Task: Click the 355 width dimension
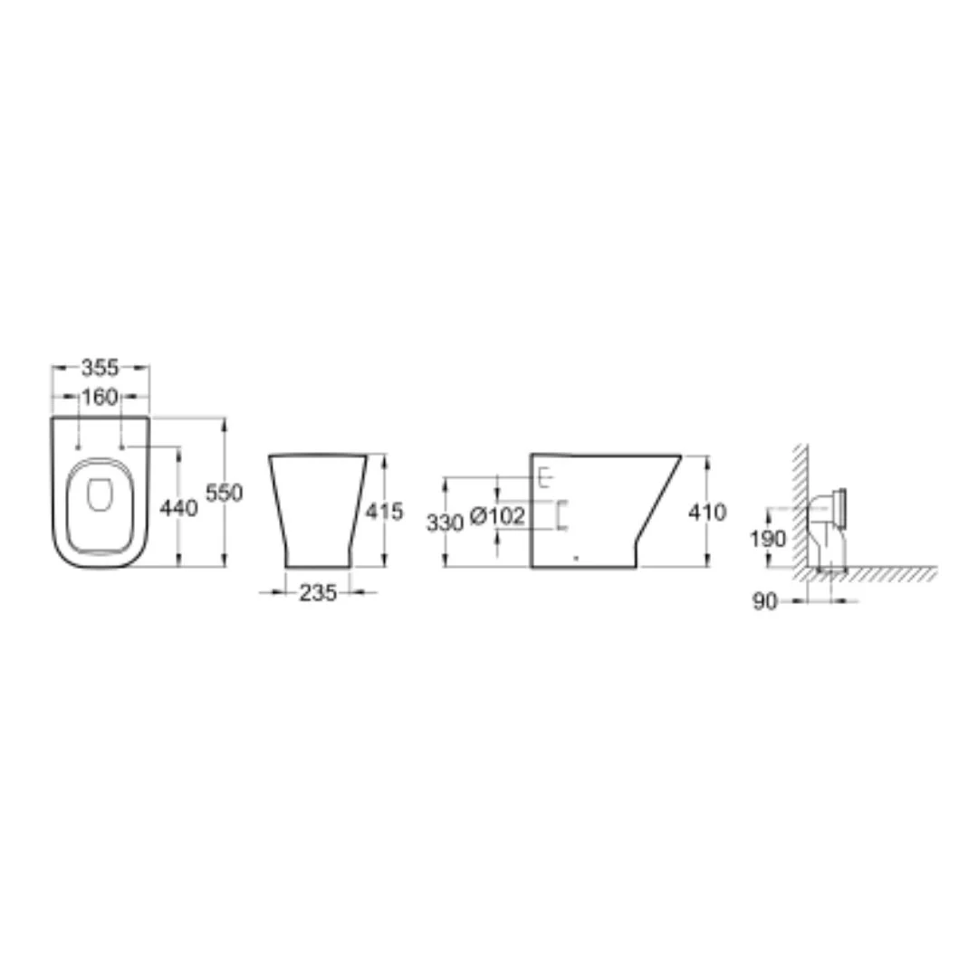(x=100, y=368)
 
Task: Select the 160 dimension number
(x=100, y=397)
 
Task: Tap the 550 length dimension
(x=224, y=493)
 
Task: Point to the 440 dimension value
(x=178, y=508)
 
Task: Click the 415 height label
(x=384, y=512)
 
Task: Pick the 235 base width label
(x=318, y=592)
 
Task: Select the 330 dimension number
(x=445, y=523)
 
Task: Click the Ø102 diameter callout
(x=497, y=516)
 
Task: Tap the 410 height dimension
(x=707, y=512)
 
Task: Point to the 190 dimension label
(x=768, y=538)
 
